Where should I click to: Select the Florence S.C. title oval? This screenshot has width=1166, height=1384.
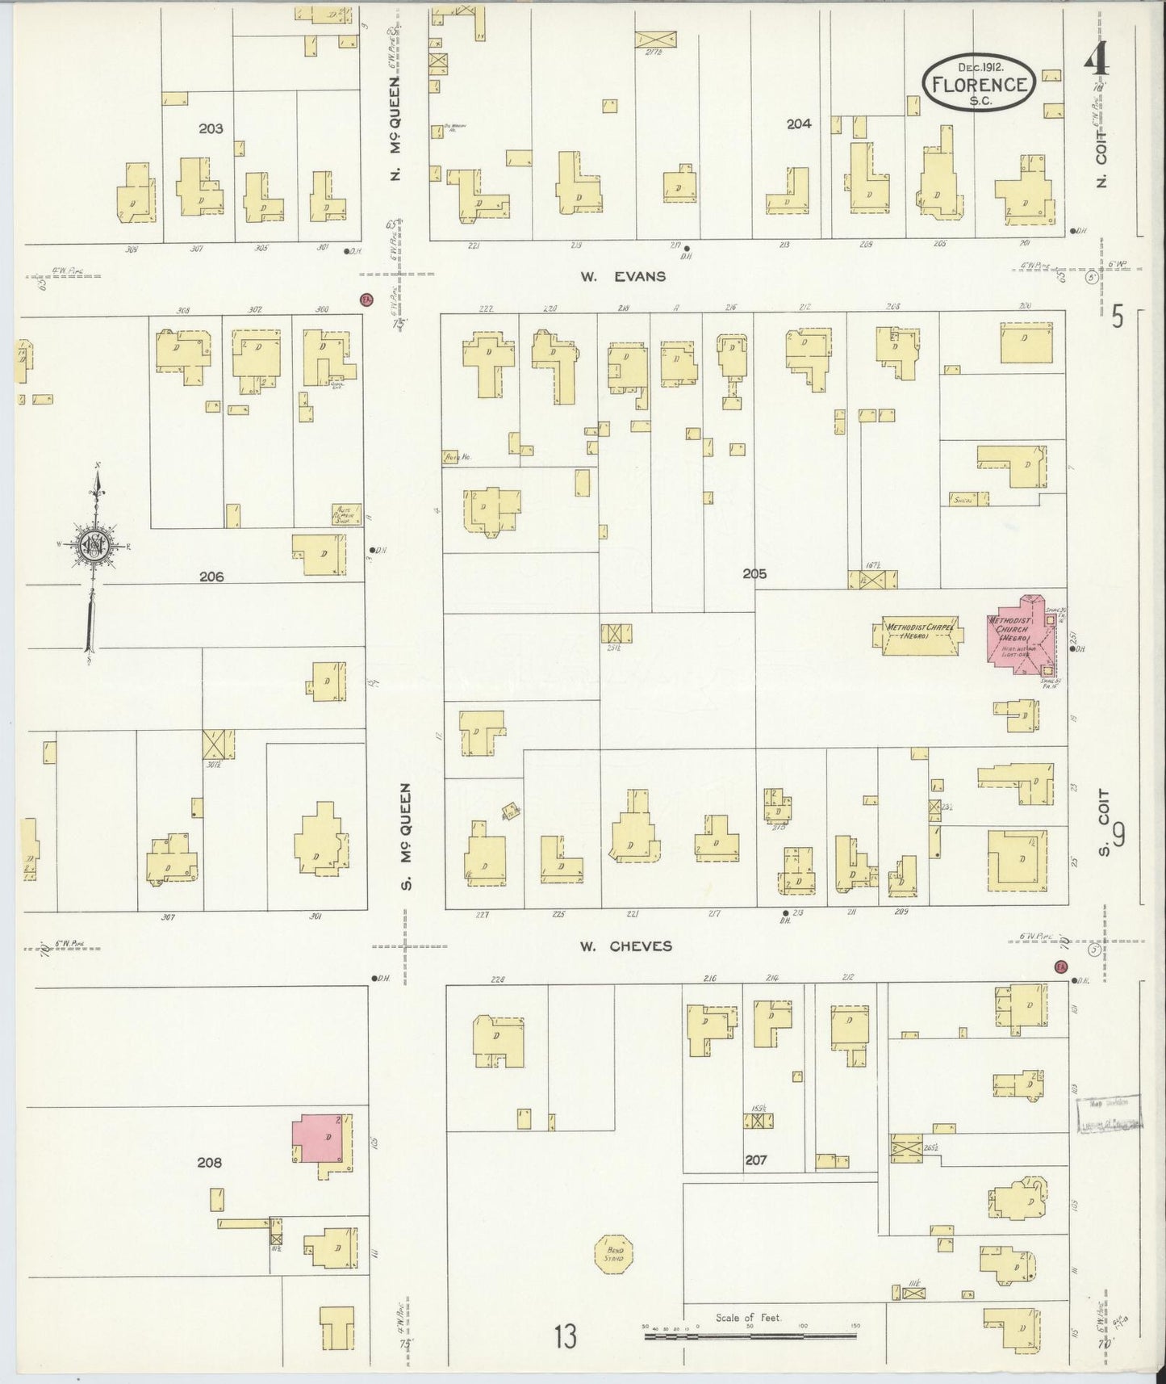[x=980, y=84]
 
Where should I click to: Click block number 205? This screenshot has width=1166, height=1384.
[x=754, y=574]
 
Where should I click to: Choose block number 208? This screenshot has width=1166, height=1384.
[x=208, y=1162]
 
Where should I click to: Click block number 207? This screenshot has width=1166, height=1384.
[x=756, y=1160]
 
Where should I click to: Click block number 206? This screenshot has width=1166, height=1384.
[x=211, y=577]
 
